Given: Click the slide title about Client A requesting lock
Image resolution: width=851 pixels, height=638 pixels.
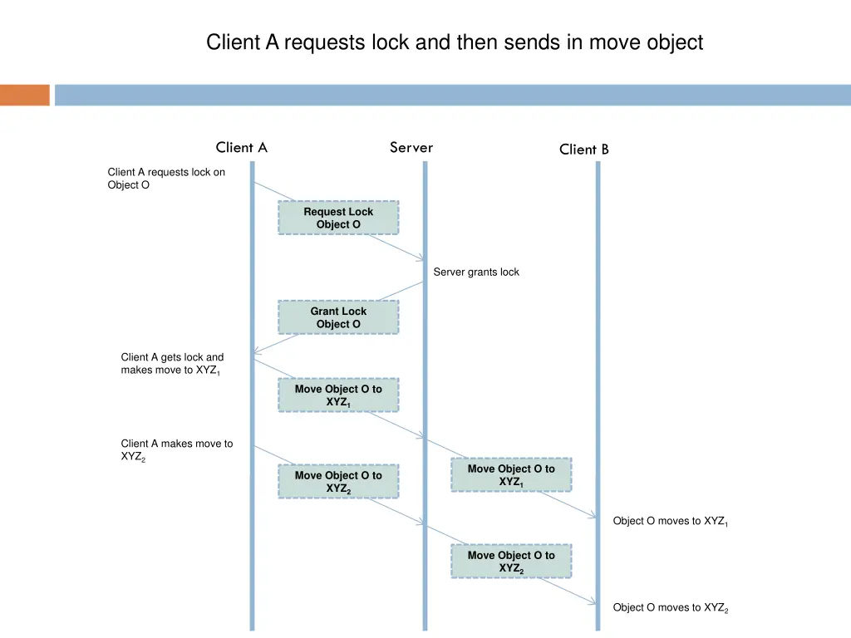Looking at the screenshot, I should tap(455, 42).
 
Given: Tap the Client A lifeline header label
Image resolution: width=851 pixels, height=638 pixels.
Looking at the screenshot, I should tap(241, 148).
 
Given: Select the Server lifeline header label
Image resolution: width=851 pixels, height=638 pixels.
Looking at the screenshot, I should tap(411, 148).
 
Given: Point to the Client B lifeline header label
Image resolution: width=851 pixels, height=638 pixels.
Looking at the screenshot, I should tap(583, 150).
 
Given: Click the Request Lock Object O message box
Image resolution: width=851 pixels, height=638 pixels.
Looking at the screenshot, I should tap(338, 218).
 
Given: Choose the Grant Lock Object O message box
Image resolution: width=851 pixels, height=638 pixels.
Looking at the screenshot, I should tap(338, 317).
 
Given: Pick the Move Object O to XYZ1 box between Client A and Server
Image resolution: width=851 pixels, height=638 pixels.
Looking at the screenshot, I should tap(338, 395).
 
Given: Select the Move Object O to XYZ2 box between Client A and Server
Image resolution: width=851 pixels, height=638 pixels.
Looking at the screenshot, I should tap(338, 482).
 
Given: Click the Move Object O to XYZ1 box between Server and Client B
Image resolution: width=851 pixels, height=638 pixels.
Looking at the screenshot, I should tap(511, 475).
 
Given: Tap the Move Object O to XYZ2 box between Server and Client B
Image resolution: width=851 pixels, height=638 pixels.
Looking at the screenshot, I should tap(511, 562).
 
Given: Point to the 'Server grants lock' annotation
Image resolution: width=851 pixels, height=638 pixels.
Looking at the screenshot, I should tap(476, 272).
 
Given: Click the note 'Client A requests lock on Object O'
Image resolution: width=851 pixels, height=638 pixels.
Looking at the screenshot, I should tap(165, 179).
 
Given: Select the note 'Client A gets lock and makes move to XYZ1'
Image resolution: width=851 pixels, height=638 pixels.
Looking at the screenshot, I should tap(172, 364).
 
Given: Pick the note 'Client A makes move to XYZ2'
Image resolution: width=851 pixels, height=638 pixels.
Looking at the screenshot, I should tap(176, 450).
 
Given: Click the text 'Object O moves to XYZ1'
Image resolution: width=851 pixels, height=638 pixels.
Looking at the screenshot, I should tap(670, 522).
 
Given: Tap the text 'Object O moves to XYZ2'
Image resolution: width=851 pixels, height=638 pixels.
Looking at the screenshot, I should tap(670, 608).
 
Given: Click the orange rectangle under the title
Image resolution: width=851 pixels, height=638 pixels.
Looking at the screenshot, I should tap(25, 95).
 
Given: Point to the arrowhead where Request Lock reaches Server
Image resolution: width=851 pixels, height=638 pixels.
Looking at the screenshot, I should tap(421, 259).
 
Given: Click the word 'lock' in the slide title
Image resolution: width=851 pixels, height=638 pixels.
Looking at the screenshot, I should tap(391, 42).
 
